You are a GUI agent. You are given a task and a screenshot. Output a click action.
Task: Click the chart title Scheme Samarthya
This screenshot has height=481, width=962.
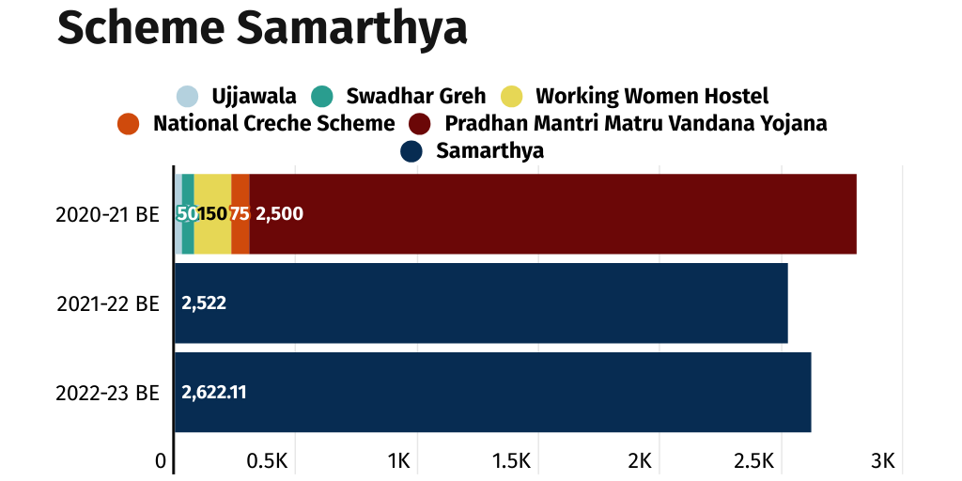click(262, 28)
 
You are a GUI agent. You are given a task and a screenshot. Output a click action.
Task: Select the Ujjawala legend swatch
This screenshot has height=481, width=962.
click(188, 96)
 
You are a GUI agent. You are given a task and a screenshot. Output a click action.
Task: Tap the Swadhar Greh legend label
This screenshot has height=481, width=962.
click(415, 96)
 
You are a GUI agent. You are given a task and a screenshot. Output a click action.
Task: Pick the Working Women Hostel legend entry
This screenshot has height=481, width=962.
click(651, 96)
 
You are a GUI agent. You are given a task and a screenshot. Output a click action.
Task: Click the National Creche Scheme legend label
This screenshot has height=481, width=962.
click(273, 123)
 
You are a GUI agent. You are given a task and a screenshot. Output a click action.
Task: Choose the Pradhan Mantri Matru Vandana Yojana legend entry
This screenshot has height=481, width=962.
click(635, 123)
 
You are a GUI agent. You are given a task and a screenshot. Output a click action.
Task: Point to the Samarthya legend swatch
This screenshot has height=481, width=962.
click(411, 150)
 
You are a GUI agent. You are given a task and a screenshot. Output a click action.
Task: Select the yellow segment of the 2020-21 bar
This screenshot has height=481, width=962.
click(212, 214)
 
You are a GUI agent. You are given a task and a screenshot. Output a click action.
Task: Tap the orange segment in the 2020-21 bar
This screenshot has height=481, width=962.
click(240, 214)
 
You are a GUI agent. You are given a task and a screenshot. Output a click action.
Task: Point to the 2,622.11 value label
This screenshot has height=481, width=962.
click(214, 393)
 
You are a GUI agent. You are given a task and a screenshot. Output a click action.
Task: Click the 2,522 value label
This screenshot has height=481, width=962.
click(204, 303)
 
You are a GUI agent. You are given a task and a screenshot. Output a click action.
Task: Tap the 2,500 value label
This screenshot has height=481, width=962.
click(279, 214)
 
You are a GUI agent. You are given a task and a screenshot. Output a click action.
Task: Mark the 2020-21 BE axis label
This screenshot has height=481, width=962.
click(107, 214)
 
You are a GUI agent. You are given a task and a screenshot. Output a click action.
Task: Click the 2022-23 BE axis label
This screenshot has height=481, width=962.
click(107, 393)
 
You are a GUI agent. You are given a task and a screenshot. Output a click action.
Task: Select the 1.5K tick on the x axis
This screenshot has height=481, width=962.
click(512, 461)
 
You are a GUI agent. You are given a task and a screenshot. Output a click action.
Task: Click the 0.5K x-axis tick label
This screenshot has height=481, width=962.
click(267, 461)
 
